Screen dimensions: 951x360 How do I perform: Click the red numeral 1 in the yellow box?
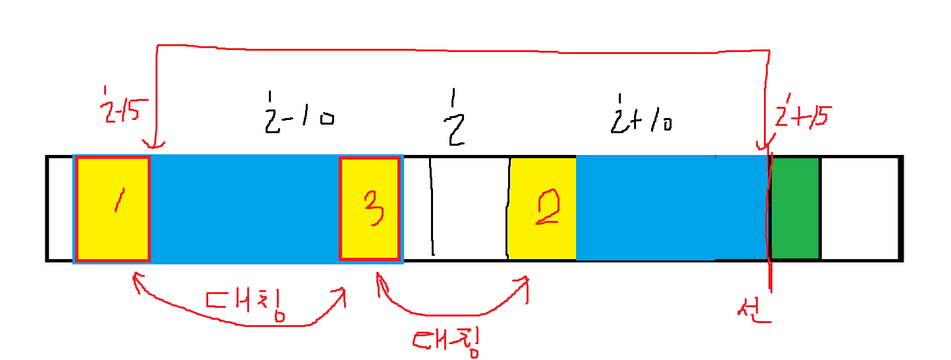coord(117,199)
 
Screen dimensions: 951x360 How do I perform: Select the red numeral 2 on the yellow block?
coord(547,208)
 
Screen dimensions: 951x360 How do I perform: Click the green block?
coord(795,208)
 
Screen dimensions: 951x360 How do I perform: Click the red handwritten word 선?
coord(754,310)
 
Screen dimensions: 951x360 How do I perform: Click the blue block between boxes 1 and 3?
coord(244,208)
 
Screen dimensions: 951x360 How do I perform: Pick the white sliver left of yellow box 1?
coord(59,208)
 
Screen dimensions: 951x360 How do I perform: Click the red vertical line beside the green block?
coord(769,218)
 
